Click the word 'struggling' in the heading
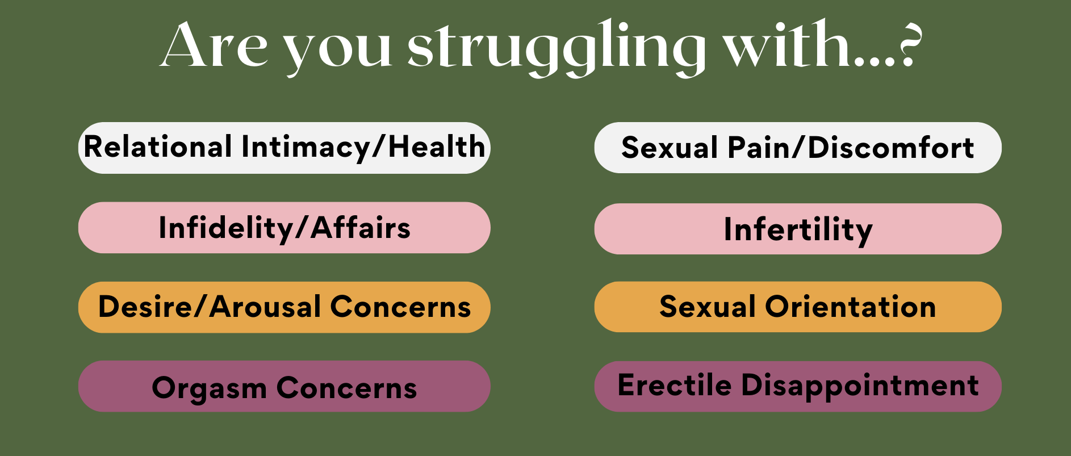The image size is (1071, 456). [x=557, y=48]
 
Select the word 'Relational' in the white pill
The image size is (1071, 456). [x=158, y=147]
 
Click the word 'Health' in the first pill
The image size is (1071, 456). [x=437, y=147]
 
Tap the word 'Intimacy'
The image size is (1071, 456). [x=306, y=148]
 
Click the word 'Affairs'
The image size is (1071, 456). [x=361, y=228]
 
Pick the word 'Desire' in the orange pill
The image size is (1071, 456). [x=145, y=307]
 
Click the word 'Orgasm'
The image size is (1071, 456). [x=209, y=389]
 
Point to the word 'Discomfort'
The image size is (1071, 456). [x=891, y=148]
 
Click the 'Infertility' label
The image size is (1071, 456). [x=798, y=230]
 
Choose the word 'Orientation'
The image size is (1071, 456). [x=850, y=307]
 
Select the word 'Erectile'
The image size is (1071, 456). [x=675, y=385]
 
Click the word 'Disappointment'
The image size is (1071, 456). [x=860, y=386]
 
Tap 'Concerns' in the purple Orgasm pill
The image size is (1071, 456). [x=346, y=388]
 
